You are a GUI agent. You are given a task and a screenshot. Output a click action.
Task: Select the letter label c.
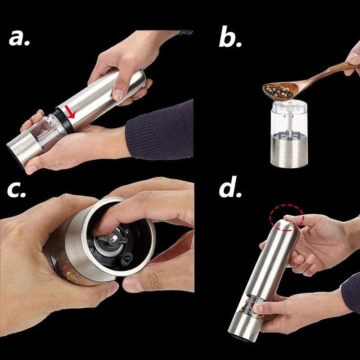pyautogui.click(x=18, y=191)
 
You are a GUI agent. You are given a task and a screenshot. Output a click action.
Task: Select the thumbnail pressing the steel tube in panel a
pyautogui.click(x=118, y=94)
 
